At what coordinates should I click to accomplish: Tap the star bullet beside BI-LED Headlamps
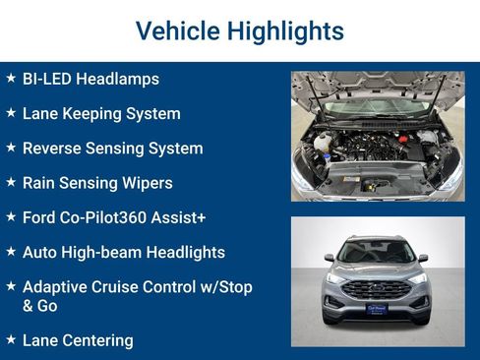point(11,78)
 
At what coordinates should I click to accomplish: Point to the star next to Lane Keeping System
point(11,113)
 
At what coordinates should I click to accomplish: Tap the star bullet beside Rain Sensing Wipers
point(11,182)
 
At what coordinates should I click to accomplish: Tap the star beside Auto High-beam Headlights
point(11,252)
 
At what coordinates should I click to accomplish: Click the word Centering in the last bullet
point(96,340)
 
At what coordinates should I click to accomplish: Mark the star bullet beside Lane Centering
point(11,339)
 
